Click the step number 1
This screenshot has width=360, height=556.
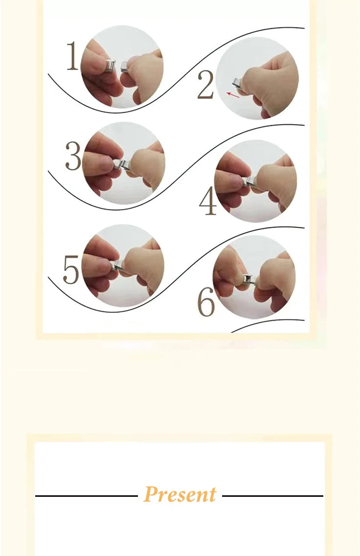[73, 56]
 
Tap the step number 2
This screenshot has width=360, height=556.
[205, 85]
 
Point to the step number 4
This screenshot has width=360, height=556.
[208, 201]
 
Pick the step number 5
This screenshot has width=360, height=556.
[71, 269]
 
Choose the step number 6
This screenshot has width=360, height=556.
[206, 302]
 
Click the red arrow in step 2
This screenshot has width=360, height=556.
[233, 94]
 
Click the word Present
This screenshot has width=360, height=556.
[180, 494]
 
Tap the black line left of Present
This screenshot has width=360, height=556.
[87, 496]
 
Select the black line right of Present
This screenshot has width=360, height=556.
[273, 496]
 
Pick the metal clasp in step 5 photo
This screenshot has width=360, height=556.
[118, 266]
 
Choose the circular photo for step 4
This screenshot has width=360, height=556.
[256, 181]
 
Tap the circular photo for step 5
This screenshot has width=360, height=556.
[123, 266]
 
